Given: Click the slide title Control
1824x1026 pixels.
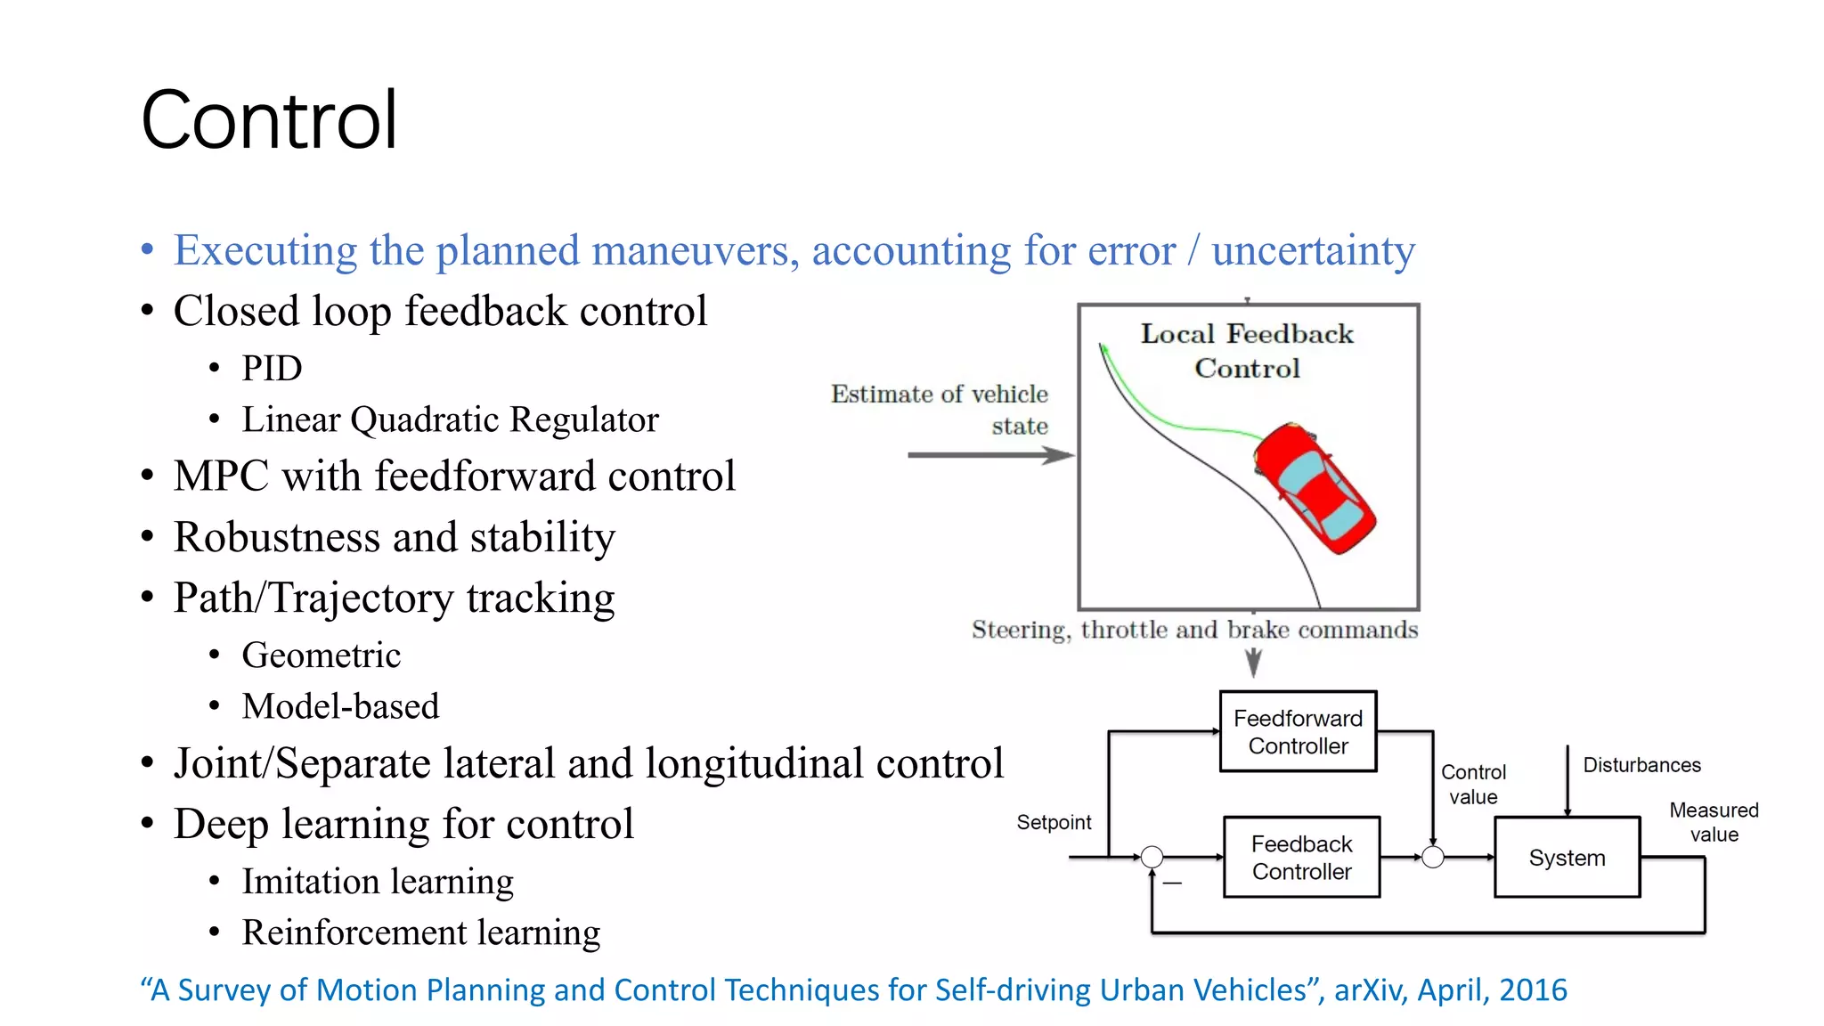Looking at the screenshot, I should [x=269, y=120].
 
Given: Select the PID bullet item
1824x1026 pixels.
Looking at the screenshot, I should [x=272, y=368].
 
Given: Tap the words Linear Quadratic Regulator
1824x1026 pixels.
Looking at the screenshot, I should [x=450, y=419].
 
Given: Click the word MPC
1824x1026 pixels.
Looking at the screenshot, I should [x=221, y=476].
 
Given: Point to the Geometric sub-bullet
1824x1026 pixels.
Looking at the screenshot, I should [x=321, y=655].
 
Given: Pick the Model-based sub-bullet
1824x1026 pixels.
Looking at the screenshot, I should [x=340, y=706].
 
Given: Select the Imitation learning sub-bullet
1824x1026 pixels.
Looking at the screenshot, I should [x=378, y=882].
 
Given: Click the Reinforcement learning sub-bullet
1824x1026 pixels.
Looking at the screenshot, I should [x=420, y=932].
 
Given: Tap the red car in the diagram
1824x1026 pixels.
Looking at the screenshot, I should [x=1315, y=486].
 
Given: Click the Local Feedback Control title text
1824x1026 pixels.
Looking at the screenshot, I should [x=1247, y=350].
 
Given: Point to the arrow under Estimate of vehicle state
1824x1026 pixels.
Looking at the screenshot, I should [x=989, y=455].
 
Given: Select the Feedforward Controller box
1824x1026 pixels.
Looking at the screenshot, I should [x=1298, y=731].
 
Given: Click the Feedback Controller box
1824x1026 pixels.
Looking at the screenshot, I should [x=1301, y=857].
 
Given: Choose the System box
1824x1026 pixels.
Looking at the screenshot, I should [x=1567, y=857].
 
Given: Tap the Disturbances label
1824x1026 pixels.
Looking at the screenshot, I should [x=1641, y=765].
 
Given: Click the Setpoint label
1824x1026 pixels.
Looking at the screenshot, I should [x=1054, y=822].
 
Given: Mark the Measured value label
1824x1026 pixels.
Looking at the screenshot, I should [x=1714, y=822].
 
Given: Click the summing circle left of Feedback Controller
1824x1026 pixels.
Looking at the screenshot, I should [x=1152, y=857].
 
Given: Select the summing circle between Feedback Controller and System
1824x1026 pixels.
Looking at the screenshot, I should [x=1432, y=857].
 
